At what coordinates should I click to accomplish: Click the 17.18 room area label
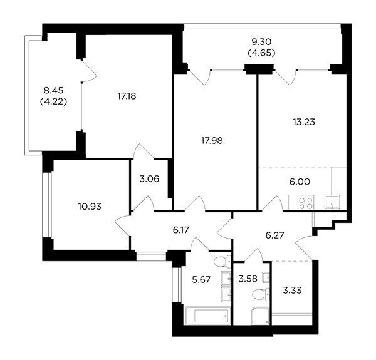tap(127, 96)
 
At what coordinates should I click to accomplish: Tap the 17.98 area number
tap(212, 141)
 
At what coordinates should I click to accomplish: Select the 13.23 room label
tap(304, 122)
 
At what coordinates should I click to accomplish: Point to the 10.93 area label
tap(90, 207)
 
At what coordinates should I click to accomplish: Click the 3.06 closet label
tap(149, 179)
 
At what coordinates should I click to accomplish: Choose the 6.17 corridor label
tap(181, 230)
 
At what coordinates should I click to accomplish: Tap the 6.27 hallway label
tap(275, 235)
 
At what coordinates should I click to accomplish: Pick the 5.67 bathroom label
tap(201, 279)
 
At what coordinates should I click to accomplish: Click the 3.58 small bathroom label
tap(248, 279)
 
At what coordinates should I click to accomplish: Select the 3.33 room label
tap(292, 291)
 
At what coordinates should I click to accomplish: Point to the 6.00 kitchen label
tap(300, 182)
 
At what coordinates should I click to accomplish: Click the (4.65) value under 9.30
tap(261, 53)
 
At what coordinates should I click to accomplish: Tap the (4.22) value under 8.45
tap(53, 102)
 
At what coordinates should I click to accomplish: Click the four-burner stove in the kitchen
tap(306, 203)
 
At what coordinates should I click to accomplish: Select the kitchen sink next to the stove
tap(332, 203)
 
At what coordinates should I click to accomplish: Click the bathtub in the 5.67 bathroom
tap(208, 316)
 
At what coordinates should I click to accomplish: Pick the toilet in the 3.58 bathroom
tap(261, 294)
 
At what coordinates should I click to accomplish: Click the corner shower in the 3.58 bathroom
tap(261, 316)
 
